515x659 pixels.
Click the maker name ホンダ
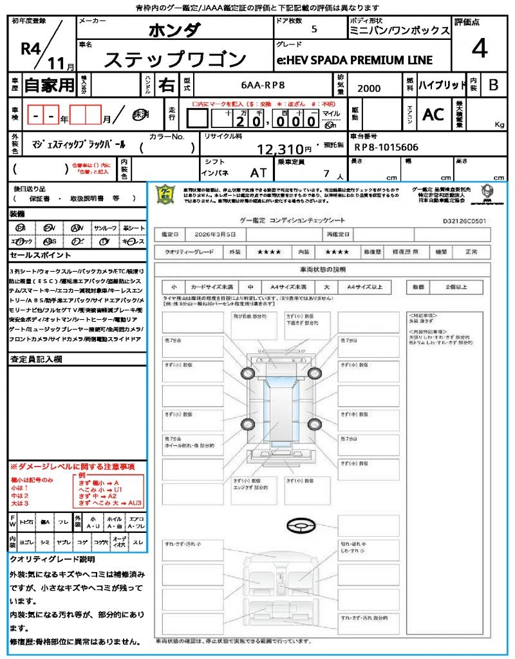pos(174,30)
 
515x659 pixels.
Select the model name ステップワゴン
pos(175,60)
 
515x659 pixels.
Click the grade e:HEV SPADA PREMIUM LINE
pos(355,60)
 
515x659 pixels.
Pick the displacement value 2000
pos(368,89)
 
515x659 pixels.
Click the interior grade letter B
pos(492,84)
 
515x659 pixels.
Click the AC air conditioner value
pos(433,115)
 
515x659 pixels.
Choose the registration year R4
pos(31,48)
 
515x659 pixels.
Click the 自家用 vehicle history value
pos(49,84)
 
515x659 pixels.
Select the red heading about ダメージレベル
pos(72,466)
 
